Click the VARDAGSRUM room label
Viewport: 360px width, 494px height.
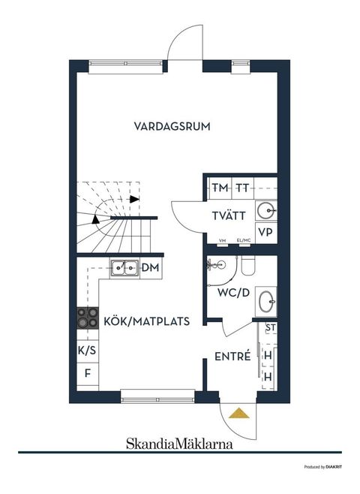[172, 126]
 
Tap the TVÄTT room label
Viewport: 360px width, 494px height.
[228, 215]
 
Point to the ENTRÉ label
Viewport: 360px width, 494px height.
[232, 357]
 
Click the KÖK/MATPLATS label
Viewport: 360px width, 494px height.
[146, 321]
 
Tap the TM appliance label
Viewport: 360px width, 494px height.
[220, 188]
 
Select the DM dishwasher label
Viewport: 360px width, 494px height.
[151, 267]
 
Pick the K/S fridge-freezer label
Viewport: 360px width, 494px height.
[86, 351]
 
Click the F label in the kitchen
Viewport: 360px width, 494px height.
[86, 373]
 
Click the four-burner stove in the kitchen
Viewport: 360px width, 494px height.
[86, 318]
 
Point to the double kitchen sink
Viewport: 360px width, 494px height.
[124, 267]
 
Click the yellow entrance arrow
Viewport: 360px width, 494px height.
[238, 412]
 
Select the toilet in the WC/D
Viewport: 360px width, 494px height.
[248, 266]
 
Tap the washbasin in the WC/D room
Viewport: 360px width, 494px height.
[266, 301]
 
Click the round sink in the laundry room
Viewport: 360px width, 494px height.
[265, 209]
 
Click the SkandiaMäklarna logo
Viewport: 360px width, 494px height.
[178, 443]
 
